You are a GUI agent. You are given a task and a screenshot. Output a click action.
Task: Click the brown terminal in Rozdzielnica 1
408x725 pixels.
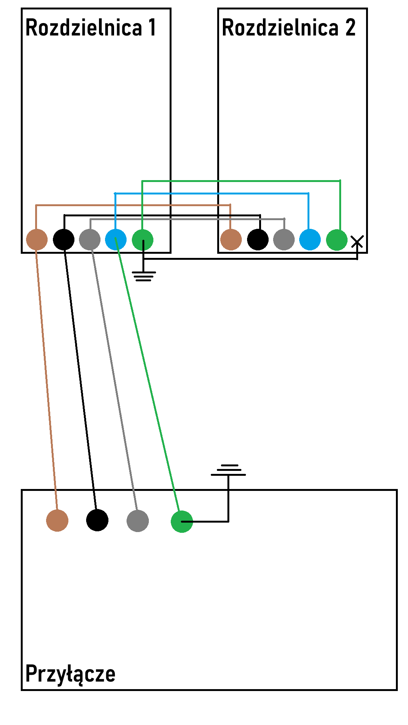[x=37, y=239]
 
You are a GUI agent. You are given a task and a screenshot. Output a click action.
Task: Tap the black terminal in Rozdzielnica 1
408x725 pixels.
[x=63, y=239]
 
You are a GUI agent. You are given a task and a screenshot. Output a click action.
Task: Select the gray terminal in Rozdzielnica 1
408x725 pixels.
[x=90, y=239]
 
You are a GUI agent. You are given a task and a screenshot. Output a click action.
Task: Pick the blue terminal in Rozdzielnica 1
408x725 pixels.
[x=116, y=239]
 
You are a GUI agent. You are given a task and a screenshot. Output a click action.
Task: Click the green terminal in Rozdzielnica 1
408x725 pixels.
[x=142, y=239]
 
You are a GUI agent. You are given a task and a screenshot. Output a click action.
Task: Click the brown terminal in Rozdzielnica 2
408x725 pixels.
[x=231, y=239]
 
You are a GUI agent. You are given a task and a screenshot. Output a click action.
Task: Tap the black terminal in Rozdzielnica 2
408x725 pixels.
[x=258, y=239]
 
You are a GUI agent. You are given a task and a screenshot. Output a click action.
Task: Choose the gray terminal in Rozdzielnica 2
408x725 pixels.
[x=284, y=239]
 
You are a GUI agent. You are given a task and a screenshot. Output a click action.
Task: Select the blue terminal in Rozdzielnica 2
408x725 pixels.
[x=310, y=239]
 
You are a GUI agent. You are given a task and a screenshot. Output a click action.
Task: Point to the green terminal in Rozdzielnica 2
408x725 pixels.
[x=337, y=239]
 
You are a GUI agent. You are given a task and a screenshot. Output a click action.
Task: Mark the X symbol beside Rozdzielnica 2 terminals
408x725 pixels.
[x=357, y=242]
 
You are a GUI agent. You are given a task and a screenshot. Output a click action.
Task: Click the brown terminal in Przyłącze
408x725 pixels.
[x=57, y=520]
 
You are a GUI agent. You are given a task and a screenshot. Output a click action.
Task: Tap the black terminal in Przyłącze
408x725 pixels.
[x=97, y=520]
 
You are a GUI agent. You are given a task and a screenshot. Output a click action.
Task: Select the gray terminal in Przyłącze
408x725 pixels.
[x=138, y=521]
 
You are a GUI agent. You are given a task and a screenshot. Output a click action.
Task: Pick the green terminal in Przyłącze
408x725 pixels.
[x=182, y=521]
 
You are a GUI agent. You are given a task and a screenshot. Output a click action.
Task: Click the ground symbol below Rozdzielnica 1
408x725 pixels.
[x=144, y=276]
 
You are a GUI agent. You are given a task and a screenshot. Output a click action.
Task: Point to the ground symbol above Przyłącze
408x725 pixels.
[x=228, y=470]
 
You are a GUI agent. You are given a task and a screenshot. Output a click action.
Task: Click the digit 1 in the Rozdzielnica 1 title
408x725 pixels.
[x=152, y=27]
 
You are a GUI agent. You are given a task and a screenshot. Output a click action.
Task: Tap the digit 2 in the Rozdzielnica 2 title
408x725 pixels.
[x=350, y=27]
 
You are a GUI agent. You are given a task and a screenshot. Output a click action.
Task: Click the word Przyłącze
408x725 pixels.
[x=70, y=674]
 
